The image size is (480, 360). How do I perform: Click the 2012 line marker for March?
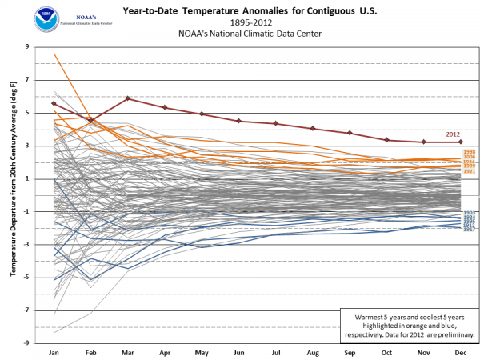(x=128, y=98)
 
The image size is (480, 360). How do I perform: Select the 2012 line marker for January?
(x=54, y=103)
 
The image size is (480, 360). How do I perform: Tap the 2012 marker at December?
(x=461, y=142)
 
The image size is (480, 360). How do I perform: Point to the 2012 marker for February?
(x=90, y=120)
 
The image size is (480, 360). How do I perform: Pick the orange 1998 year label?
(x=470, y=151)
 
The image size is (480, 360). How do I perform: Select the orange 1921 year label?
(x=470, y=171)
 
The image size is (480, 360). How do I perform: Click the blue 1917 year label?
(x=470, y=229)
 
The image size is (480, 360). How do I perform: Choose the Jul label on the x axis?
(x=275, y=352)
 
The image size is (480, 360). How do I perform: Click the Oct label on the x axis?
(x=386, y=352)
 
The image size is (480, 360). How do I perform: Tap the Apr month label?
(x=165, y=352)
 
